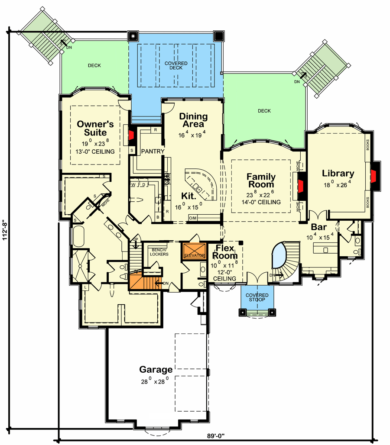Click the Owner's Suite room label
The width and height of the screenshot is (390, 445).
pos(95,128)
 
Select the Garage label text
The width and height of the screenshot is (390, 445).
pos(156,370)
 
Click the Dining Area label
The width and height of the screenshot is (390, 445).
pos(193,120)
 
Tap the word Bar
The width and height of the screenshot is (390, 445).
pos(319,226)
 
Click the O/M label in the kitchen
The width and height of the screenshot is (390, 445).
pos(193,218)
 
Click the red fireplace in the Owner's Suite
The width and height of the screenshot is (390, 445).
pos(131,137)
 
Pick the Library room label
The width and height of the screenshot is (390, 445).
pos(338,174)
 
